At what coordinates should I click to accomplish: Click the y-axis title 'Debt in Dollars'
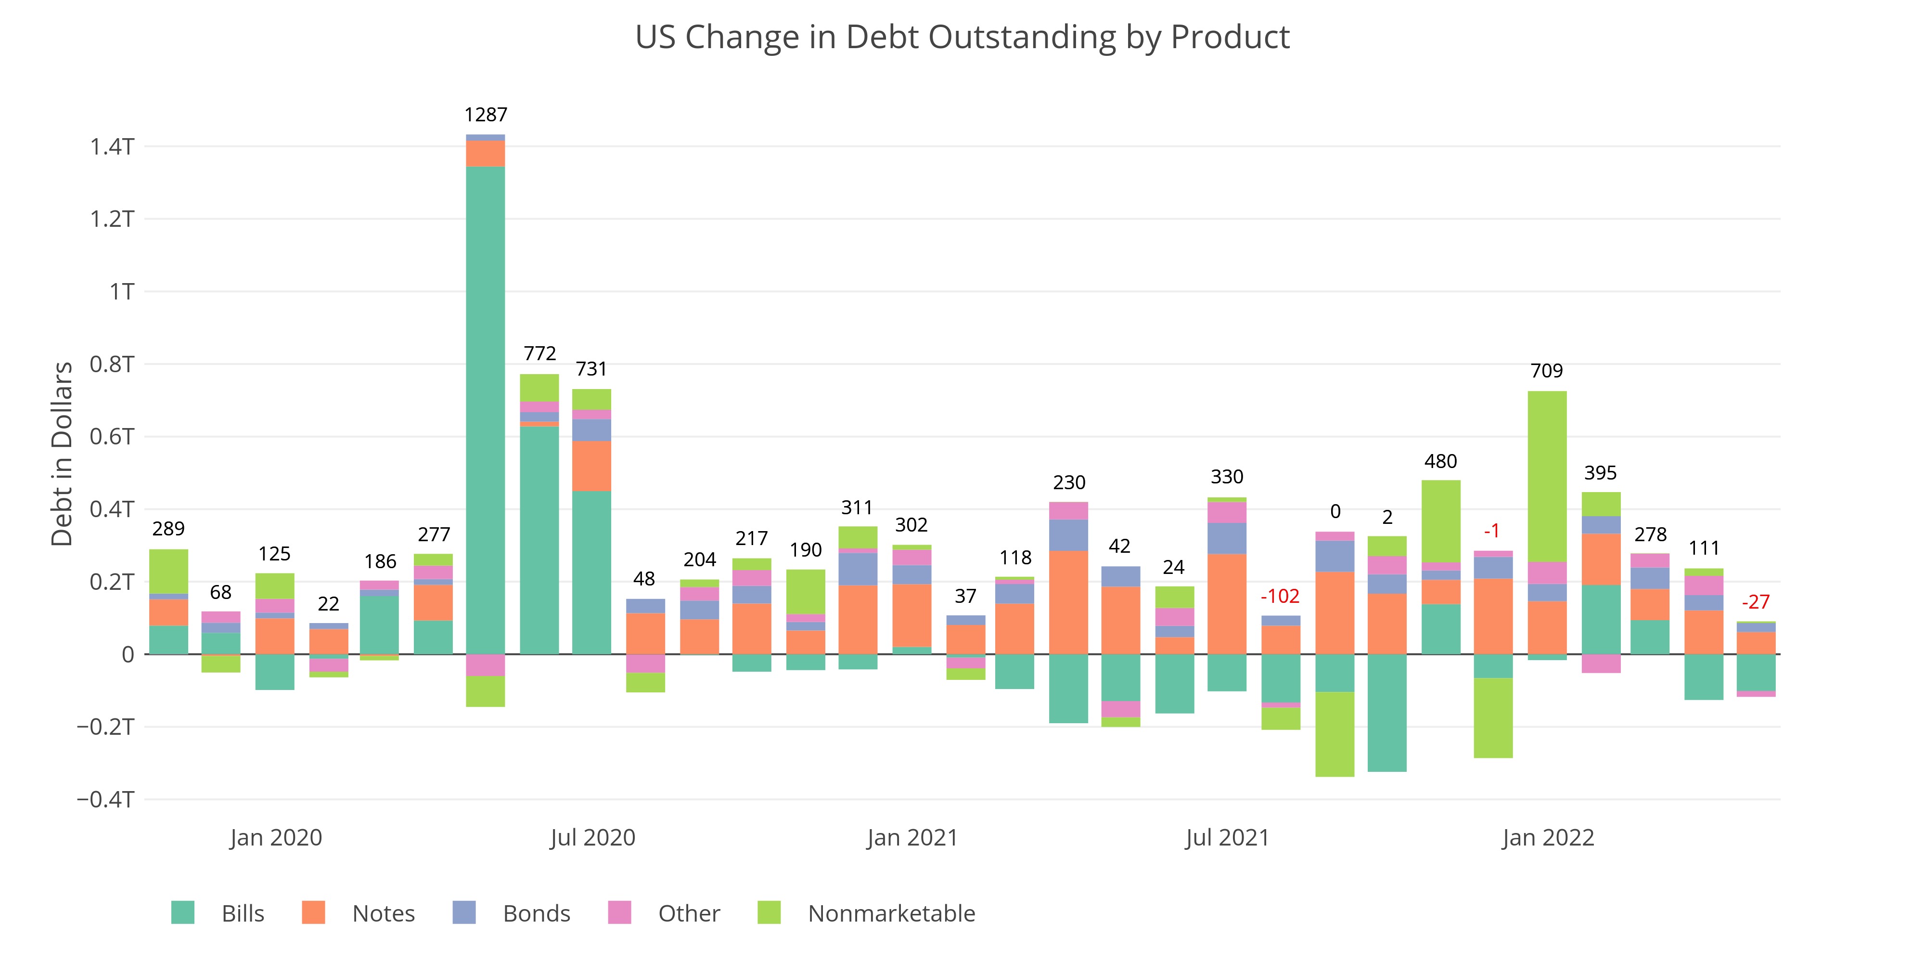pos(62,454)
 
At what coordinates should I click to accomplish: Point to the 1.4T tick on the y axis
pos(112,146)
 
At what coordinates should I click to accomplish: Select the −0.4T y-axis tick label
pos(105,799)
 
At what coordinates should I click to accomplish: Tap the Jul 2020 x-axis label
pos(592,837)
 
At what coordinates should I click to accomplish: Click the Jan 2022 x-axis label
pos(1548,837)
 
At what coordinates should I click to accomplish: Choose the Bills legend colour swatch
pos(182,913)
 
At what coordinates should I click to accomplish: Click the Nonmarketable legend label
pos(891,914)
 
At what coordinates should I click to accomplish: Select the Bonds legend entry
pos(536,914)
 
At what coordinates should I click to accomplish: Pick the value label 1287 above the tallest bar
pos(486,115)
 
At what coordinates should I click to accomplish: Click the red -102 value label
pos(1280,596)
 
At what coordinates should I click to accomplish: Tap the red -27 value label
pos(1756,602)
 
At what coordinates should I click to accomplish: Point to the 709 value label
pos(1546,371)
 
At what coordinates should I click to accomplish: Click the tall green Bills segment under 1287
pos(486,411)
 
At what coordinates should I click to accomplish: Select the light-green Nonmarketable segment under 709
pos(1547,476)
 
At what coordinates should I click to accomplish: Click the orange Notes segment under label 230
pos(1068,603)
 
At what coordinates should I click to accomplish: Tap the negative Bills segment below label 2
pos(1387,713)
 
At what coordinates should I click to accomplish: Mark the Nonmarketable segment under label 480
pos(1441,521)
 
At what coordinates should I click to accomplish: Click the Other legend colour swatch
pos(619,913)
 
